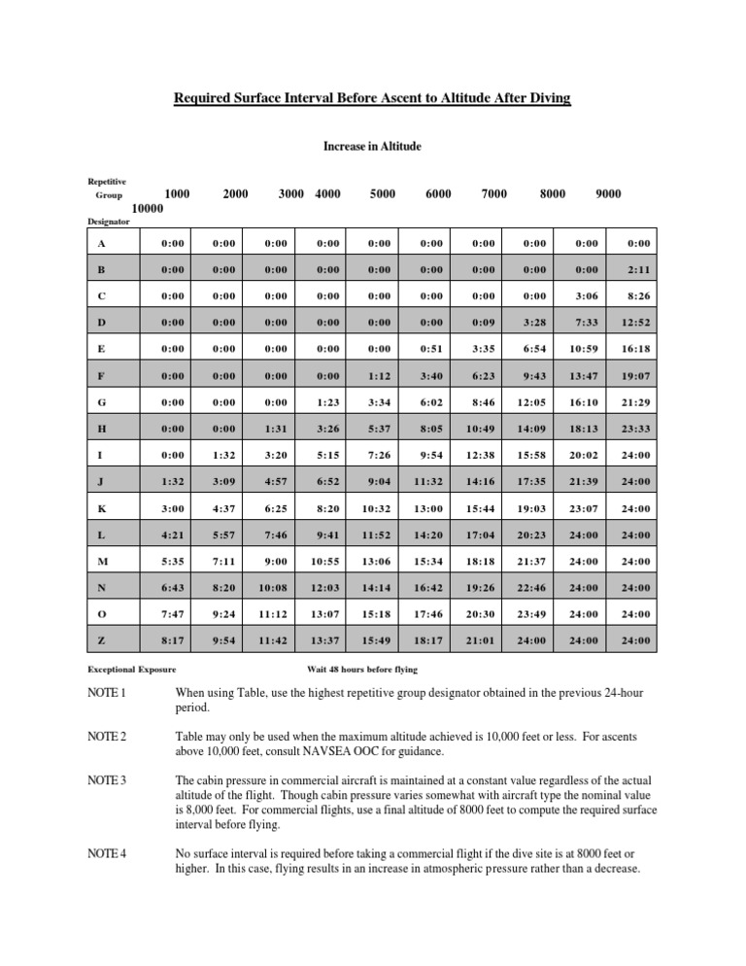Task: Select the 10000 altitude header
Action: tap(147, 208)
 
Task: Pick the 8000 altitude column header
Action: tap(552, 193)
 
